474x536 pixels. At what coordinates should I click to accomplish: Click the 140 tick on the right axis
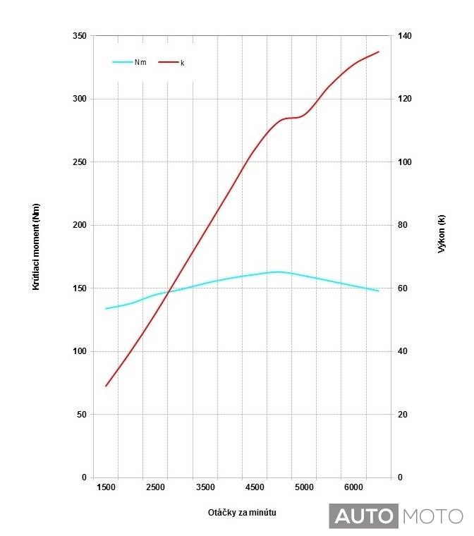pyautogui.click(x=406, y=36)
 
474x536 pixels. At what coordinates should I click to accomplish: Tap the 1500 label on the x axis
pyautogui.click(x=106, y=487)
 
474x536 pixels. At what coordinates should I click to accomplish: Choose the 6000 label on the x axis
pyautogui.click(x=354, y=487)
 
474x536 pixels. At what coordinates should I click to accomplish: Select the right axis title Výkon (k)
pyautogui.click(x=442, y=233)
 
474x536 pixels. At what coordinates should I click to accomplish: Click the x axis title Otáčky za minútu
pyautogui.click(x=238, y=511)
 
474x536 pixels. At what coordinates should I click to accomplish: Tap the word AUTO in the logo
pyautogui.click(x=363, y=516)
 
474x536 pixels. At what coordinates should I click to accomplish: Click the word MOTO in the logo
pyautogui.click(x=432, y=516)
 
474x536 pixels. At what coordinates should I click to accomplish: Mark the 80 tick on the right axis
pyautogui.click(x=404, y=226)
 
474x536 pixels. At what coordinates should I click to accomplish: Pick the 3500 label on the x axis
pyautogui.click(x=205, y=487)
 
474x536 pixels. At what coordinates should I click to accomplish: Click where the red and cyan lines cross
pyautogui.click(x=169, y=291)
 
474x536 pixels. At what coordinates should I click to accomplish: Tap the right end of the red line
pyautogui.click(x=379, y=51)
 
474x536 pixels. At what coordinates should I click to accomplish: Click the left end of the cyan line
pyautogui.click(x=106, y=308)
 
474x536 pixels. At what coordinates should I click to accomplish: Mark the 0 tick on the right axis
pyautogui.click(x=400, y=477)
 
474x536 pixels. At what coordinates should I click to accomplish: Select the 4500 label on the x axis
pyautogui.click(x=255, y=487)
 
